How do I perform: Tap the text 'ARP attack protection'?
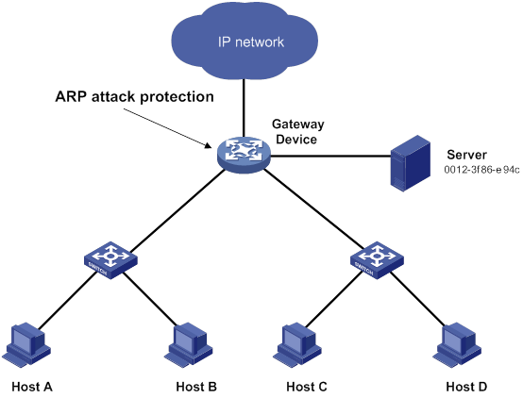click(134, 97)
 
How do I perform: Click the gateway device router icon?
click(244, 155)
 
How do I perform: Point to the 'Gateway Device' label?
click(297, 132)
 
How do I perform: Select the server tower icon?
click(411, 163)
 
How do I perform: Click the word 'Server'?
click(466, 155)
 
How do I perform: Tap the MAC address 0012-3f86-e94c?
click(481, 170)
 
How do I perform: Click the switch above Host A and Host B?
click(110, 259)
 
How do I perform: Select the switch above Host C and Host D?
click(377, 259)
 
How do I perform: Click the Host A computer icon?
click(26, 344)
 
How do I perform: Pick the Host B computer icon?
click(189, 344)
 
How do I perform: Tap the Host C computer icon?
click(297, 344)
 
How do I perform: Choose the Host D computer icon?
click(457, 344)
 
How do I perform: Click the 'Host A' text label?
click(32, 387)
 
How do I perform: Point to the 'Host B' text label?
click(196, 387)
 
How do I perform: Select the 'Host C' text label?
click(307, 387)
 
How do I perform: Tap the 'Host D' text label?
click(466, 387)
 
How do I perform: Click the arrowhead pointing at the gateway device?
click(209, 145)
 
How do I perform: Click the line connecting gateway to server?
click(330, 156)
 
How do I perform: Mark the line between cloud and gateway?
click(244, 108)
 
